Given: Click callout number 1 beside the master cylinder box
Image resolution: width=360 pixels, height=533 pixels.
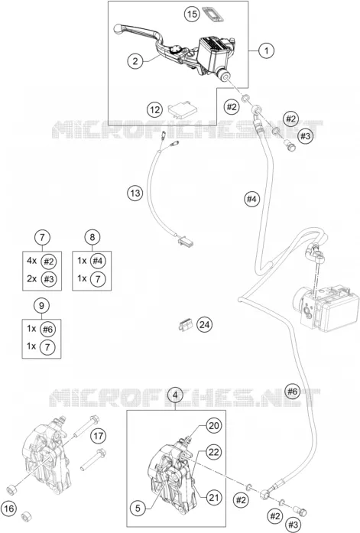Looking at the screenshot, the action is [266, 50].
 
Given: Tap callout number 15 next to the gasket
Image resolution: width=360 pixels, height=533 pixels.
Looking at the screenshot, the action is [192, 14].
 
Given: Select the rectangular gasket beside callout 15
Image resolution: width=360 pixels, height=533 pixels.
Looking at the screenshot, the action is [214, 14].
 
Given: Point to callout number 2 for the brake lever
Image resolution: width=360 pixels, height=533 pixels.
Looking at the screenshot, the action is [135, 61].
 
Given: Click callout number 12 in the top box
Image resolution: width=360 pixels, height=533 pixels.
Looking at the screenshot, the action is [154, 110].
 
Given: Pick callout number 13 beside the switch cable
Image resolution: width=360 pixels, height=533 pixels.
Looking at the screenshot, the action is [135, 193].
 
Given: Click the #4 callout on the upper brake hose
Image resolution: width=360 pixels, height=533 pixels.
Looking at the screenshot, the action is [251, 199].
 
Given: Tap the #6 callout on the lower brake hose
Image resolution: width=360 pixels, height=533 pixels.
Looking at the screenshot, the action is [293, 392].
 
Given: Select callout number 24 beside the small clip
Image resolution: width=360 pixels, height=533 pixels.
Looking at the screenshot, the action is [204, 325].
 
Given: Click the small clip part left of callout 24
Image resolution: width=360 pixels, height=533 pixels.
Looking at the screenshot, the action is [185, 325].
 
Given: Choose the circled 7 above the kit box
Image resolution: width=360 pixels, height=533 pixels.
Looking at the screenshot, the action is [42, 237].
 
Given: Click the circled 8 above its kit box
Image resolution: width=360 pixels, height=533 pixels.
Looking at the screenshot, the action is [92, 237].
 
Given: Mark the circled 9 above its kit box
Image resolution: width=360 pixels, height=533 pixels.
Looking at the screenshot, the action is [41, 305].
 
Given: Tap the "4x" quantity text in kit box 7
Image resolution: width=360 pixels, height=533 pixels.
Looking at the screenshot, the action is [31, 261].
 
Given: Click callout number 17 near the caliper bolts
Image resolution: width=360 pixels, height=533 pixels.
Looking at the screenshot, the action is [98, 436].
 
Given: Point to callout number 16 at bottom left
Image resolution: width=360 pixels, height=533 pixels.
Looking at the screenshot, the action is [9, 509].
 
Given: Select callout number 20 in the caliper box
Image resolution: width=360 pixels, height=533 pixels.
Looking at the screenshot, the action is [213, 426].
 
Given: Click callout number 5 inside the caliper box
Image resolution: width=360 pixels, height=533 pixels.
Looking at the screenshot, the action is [138, 509].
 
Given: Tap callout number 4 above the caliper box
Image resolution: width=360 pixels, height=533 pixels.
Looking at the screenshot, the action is [175, 395].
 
